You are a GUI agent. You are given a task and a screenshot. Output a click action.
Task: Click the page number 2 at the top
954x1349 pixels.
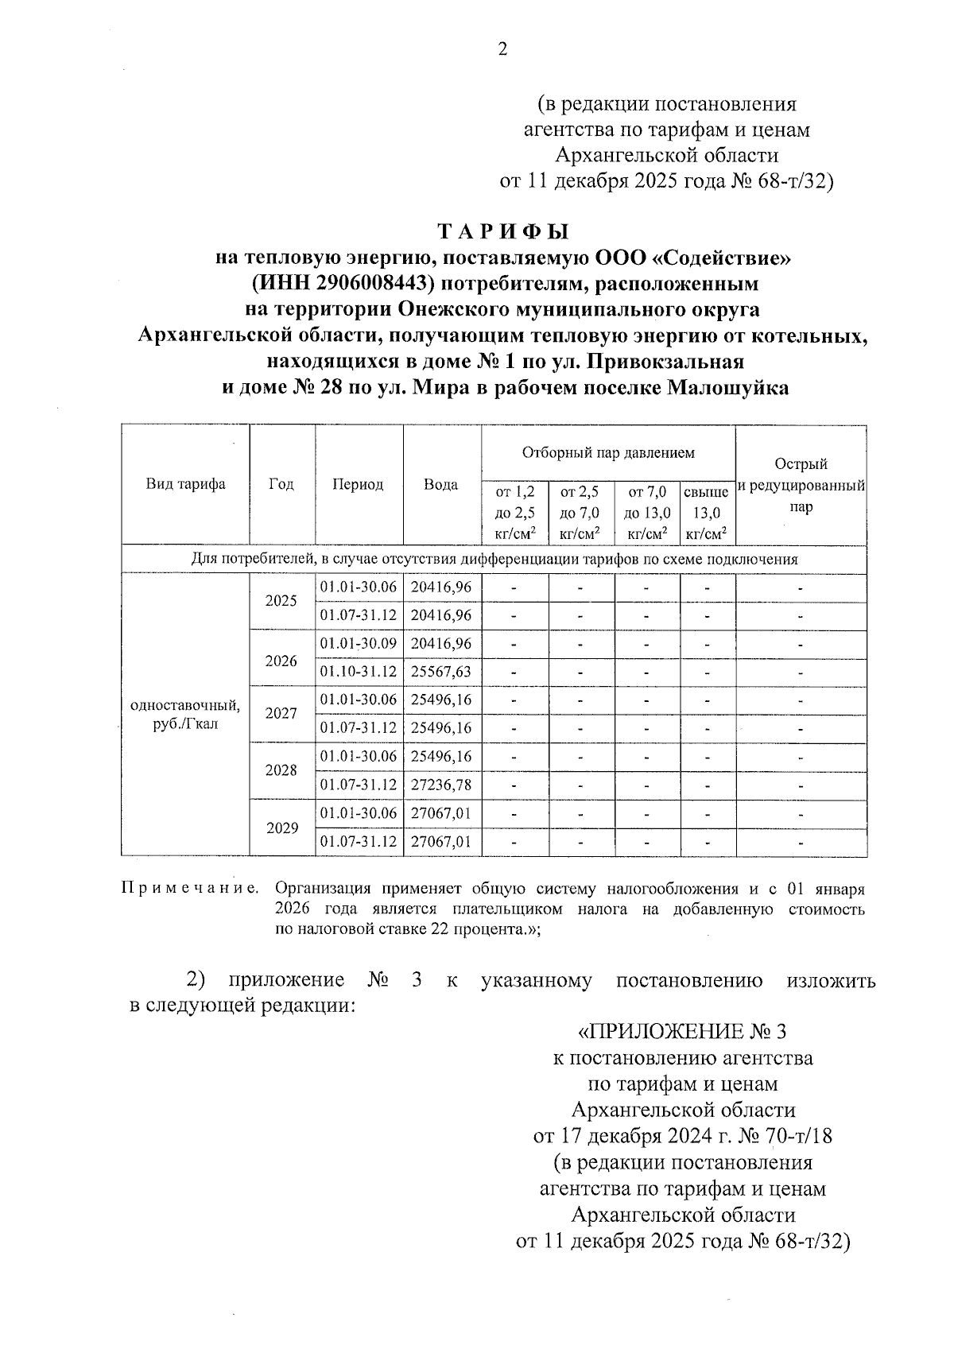coord(502,49)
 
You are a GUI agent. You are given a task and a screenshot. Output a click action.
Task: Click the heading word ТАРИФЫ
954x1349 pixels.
coord(504,232)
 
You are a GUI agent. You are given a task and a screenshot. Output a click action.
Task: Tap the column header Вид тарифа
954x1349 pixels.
coord(185,484)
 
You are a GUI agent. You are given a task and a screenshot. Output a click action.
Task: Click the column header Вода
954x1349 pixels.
coord(441,484)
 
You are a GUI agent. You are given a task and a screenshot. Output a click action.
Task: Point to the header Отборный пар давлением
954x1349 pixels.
coord(608,452)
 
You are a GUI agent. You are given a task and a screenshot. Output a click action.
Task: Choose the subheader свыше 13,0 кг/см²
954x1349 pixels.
coord(707,514)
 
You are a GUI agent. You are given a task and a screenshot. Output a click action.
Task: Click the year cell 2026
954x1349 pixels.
coord(281,661)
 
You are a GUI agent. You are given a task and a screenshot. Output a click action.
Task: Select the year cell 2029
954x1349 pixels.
coord(281,828)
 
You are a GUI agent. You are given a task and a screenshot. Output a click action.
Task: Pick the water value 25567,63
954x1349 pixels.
coord(441,672)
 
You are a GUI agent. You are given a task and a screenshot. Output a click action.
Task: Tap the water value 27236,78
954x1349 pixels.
coord(441,785)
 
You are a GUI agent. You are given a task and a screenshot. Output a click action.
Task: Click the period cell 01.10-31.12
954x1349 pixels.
coord(359,672)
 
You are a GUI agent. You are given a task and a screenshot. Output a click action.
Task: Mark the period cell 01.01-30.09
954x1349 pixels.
coord(359,644)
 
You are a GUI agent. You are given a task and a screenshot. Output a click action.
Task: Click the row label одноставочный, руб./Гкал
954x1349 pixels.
coord(185,715)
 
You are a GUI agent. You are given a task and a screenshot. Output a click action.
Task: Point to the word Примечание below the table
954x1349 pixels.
coord(191,888)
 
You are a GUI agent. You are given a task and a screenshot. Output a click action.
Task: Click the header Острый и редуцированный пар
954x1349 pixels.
coord(801,485)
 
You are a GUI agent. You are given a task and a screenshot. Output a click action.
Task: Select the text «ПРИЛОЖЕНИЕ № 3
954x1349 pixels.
coord(681,1032)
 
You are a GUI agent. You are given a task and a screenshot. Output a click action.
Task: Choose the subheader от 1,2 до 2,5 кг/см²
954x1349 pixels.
coord(514,514)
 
